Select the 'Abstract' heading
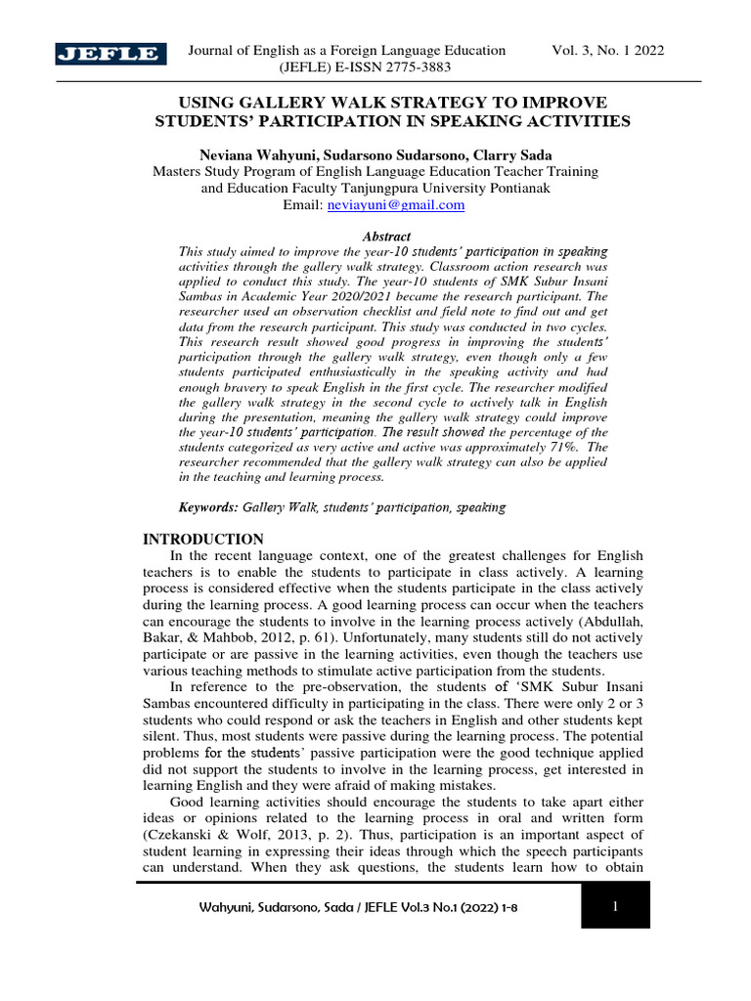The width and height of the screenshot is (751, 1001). (x=386, y=237)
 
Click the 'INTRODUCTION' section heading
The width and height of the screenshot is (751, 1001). (x=203, y=539)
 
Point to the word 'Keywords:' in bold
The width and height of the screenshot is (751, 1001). (x=208, y=507)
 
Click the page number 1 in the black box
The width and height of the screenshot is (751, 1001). (x=615, y=907)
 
